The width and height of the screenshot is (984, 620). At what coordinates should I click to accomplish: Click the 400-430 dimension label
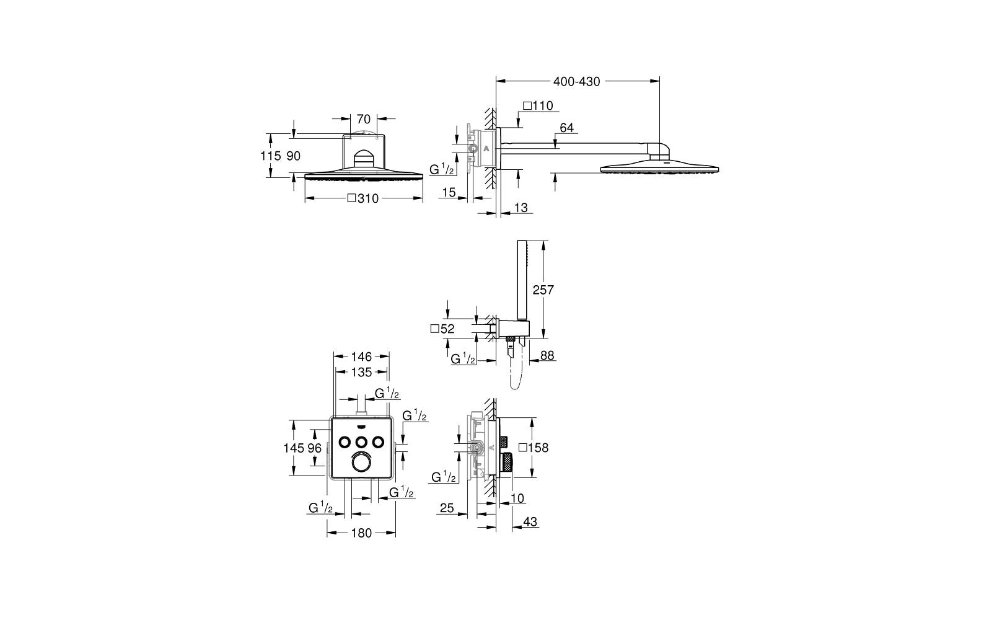[x=576, y=82]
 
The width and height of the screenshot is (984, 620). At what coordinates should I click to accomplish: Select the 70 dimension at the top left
[x=364, y=119]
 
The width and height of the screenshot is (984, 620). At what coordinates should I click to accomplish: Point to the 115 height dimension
[x=270, y=156]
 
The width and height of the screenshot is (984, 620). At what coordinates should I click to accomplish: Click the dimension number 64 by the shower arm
[x=567, y=128]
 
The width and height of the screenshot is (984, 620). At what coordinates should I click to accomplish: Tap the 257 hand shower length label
[x=543, y=290]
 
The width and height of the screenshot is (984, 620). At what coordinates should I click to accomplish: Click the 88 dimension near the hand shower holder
[x=547, y=355]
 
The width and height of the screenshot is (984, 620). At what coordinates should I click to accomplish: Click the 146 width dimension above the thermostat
[x=361, y=356]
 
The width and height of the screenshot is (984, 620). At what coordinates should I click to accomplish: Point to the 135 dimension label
[x=361, y=372]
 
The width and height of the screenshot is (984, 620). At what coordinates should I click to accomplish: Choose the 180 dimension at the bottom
[x=361, y=533]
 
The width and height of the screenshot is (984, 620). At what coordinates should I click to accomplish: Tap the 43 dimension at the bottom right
[x=530, y=521]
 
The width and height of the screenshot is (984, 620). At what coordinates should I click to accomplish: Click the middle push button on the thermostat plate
[x=361, y=441]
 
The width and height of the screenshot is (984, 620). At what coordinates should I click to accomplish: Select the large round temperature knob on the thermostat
[x=361, y=464]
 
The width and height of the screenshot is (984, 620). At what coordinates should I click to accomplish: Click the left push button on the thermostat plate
[x=345, y=441]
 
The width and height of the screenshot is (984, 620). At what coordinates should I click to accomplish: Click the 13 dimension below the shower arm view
[x=521, y=208]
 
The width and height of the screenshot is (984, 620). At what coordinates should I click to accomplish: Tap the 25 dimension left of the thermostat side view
[x=447, y=508]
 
